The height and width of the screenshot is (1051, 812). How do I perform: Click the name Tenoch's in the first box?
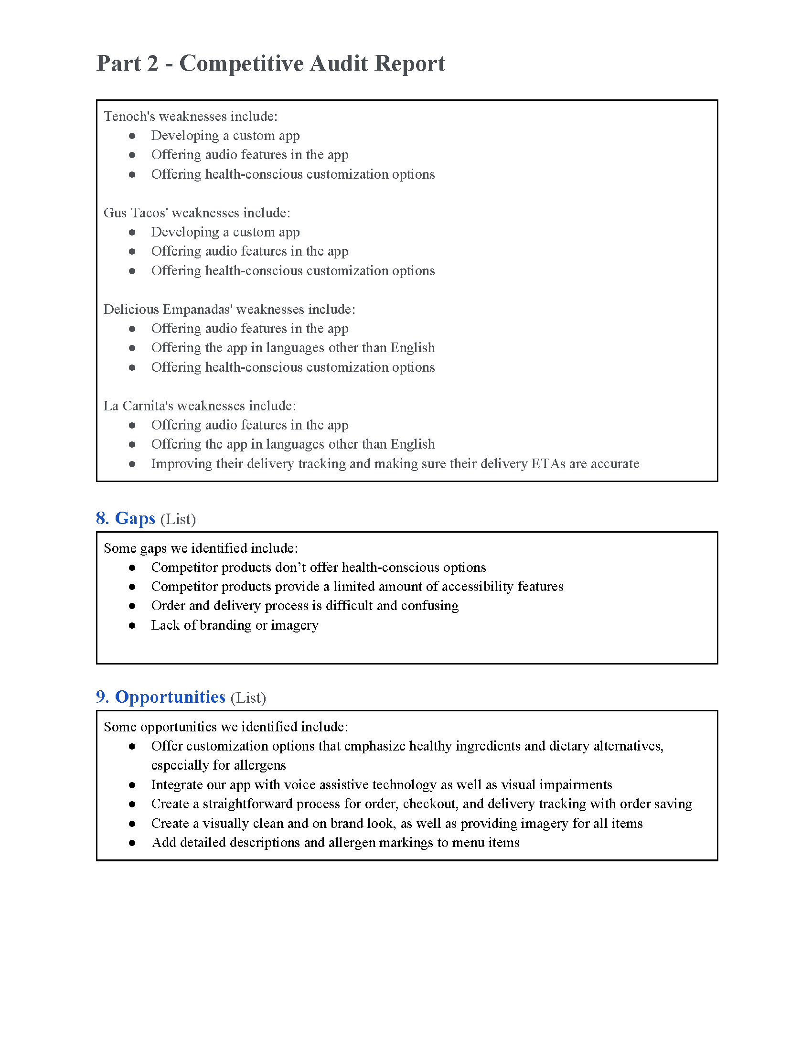129,117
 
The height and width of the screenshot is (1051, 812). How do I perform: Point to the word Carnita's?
148,406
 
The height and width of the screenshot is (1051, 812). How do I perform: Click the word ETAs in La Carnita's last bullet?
548,464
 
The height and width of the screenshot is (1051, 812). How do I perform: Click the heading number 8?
102,518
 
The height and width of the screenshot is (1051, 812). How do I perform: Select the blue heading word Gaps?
135,518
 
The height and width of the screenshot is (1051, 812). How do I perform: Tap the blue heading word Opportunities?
170,697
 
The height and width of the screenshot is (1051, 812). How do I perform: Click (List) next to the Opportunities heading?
248,698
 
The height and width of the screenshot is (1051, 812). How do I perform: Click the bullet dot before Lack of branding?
132,626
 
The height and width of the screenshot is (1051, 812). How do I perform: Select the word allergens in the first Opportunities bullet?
260,765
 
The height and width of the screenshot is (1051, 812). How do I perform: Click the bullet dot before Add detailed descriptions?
132,843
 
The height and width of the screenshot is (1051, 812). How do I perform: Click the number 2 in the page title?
152,64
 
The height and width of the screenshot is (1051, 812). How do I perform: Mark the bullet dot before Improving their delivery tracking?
132,464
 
